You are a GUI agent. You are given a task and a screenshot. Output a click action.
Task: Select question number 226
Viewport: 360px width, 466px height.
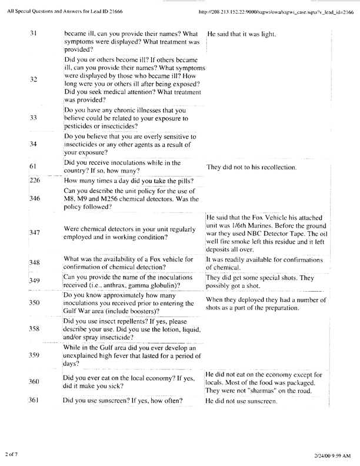coord(34,181)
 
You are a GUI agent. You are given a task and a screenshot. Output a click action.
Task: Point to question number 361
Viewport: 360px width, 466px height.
coord(34,401)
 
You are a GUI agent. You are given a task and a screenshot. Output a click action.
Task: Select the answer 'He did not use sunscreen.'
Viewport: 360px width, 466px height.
coord(242,401)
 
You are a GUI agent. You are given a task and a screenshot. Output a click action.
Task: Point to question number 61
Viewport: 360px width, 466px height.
coord(33,167)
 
